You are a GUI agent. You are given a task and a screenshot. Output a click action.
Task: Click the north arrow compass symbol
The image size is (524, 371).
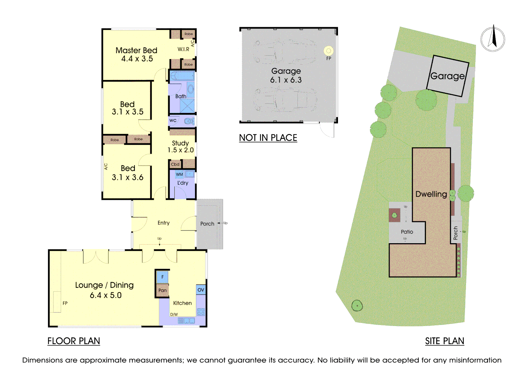493,39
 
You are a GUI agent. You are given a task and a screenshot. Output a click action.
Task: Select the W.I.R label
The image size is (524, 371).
183,49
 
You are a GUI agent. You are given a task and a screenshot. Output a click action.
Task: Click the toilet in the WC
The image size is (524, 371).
189,121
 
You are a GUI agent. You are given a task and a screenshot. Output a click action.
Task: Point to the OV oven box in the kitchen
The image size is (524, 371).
201,290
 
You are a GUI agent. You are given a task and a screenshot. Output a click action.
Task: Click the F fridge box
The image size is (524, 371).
162,277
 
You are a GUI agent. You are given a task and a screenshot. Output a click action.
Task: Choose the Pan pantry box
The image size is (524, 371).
162,290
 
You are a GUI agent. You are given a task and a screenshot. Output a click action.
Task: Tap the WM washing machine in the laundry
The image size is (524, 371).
179,174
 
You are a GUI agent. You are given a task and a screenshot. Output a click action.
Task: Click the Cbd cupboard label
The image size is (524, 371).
175,164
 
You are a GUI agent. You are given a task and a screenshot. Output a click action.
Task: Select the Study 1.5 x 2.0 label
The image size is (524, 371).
181,147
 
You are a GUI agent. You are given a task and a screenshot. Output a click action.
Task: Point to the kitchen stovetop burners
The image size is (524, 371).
201,312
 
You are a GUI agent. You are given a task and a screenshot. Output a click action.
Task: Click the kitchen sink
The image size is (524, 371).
186,321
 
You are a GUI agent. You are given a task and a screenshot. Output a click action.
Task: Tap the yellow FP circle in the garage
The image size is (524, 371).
329,50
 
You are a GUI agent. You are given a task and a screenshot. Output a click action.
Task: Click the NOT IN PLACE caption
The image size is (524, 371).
268,138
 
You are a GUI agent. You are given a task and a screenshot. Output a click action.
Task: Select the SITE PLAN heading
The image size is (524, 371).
445,341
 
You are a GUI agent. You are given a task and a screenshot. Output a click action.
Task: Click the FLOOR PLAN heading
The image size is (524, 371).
74,341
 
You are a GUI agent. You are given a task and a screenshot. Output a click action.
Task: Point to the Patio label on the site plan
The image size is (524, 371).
407,232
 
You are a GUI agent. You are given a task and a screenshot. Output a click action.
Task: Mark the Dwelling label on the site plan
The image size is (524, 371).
431,194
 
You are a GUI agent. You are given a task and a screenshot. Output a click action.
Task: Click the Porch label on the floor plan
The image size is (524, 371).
207,224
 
